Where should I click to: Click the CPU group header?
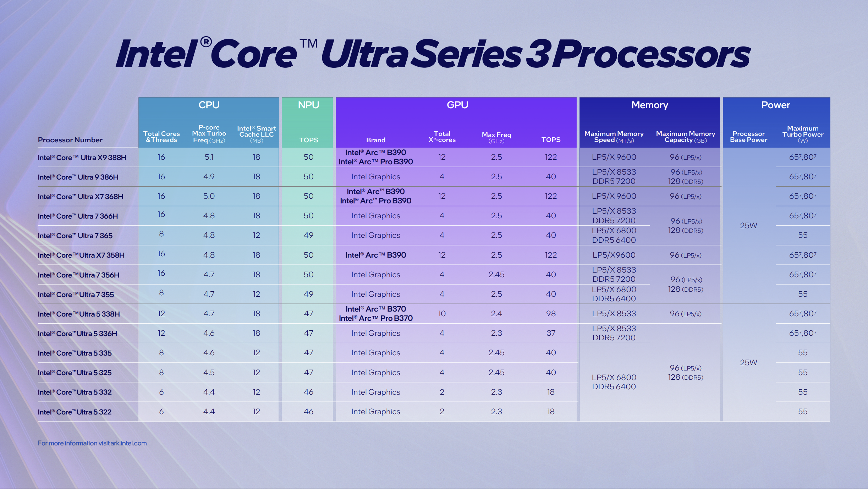tap(209, 105)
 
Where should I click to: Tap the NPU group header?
tap(308, 105)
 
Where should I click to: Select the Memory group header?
tap(649, 105)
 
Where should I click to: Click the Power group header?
tap(775, 105)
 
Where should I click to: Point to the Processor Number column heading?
tap(70, 140)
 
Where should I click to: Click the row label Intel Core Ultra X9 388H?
tap(82, 158)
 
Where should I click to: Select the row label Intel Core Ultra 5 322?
tap(75, 412)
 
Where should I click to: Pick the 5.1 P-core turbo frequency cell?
tap(209, 157)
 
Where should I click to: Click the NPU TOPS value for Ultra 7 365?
tap(308, 235)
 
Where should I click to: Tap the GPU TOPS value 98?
tap(551, 314)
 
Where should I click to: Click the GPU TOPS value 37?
tap(551, 333)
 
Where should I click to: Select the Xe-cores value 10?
tap(442, 314)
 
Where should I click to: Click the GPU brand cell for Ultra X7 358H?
tap(375, 255)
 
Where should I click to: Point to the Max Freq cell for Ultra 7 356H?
tap(496, 275)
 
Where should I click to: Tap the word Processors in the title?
tap(651, 54)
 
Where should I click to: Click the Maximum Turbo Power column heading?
tap(803, 134)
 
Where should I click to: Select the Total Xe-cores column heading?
tap(442, 137)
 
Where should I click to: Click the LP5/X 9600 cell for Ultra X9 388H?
tap(614, 157)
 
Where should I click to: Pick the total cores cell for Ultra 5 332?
tap(161, 392)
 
